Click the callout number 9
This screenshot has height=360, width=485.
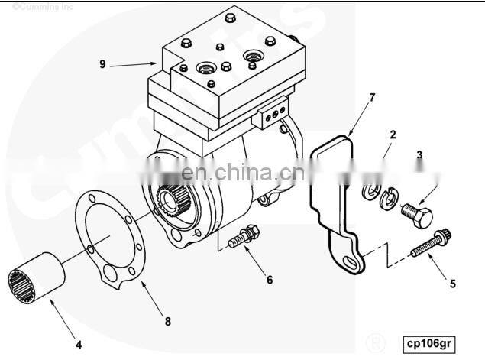point(102,64)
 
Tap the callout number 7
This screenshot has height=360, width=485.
point(372,98)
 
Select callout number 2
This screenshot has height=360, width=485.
point(393,135)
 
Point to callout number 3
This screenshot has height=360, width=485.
point(419,154)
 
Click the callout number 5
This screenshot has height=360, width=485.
point(452,284)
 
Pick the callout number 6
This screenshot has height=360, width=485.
point(270,280)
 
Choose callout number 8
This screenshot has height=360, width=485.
point(167,322)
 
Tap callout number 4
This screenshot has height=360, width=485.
point(79,345)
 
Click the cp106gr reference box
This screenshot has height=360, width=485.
point(429,344)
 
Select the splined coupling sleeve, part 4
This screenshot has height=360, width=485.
point(36,277)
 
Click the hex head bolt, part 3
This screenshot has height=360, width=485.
point(417,215)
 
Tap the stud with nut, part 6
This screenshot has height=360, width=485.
point(244,236)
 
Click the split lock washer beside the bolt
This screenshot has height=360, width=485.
point(389,199)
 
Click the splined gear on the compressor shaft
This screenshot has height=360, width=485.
point(173,200)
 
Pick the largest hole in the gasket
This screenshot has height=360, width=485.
point(111,273)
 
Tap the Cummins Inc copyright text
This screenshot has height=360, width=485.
point(43,7)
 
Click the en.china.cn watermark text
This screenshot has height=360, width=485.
point(243,172)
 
